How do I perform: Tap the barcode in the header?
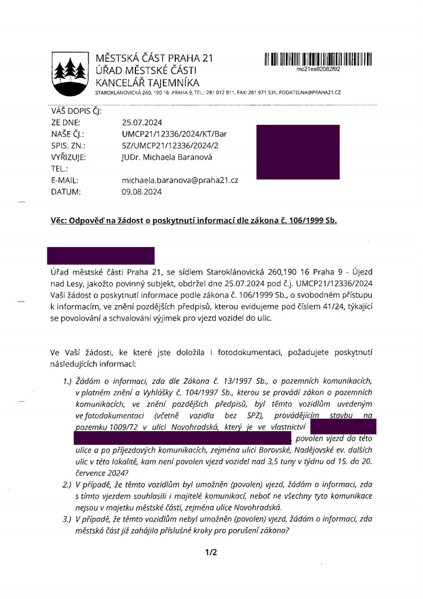coord(318,59)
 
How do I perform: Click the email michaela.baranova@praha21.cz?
coord(180,180)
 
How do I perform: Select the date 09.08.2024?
coord(141,192)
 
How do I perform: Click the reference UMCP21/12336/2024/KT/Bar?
coord(170,134)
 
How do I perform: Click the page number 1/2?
coord(211,552)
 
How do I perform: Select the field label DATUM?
coord(66,192)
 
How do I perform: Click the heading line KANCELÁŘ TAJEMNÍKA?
coord(147,82)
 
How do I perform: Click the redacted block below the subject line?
coord(102,255)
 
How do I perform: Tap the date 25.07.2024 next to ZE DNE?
coord(141,123)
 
